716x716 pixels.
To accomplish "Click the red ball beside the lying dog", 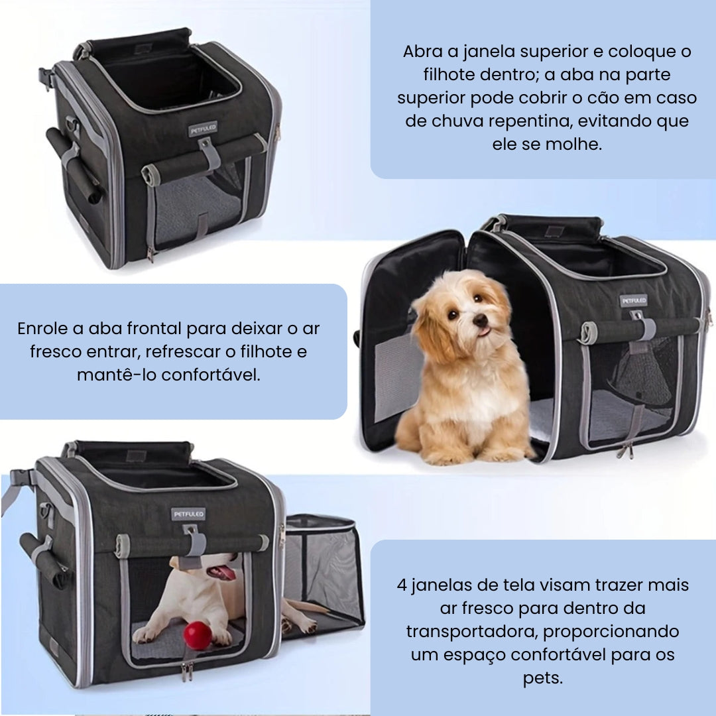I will click(x=198, y=635).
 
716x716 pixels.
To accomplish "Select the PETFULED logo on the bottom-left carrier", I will click(x=189, y=514).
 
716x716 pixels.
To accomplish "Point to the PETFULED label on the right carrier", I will click(x=633, y=300).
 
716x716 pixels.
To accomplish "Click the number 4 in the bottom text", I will click(x=402, y=585).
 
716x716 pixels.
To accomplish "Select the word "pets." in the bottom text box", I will click(x=542, y=679).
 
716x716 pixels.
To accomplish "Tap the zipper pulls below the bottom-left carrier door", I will click(x=188, y=672).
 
